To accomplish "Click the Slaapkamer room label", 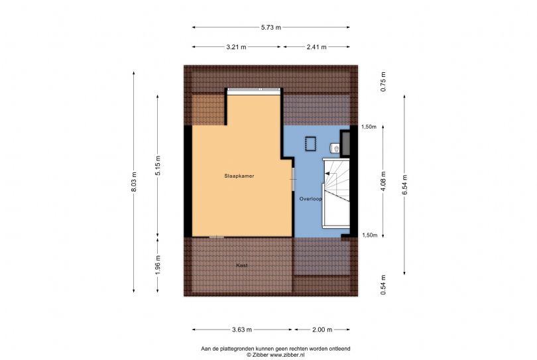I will tap(239, 176).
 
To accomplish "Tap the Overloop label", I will tap(310, 198).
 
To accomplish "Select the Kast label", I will tap(243, 265).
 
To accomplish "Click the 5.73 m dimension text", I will tap(271, 27).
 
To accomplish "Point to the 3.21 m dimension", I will tap(236, 47).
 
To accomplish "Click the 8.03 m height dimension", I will tap(135, 183).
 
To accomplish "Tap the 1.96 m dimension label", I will tap(158, 265).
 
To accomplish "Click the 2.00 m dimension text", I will tap(322, 329).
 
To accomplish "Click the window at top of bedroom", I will tap(254, 90).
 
